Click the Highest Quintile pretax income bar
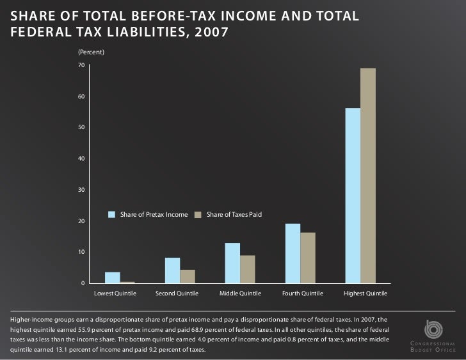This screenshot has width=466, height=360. [x=353, y=196]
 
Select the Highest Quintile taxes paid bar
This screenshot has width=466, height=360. [x=368, y=176]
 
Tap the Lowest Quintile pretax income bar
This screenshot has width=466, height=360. [x=112, y=278]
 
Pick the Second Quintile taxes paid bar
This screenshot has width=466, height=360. [x=188, y=276]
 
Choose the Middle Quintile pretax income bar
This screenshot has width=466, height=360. [x=232, y=263]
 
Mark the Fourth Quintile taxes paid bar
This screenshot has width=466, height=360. [x=308, y=258]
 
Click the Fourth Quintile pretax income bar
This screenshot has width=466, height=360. [x=293, y=253]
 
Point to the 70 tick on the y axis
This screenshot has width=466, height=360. [x=81, y=66]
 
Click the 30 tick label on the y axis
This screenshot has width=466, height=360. [x=81, y=190]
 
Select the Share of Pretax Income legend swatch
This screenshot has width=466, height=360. [x=112, y=214]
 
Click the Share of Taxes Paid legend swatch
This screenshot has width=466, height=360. [x=198, y=214]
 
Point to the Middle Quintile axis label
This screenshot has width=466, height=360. [x=240, y=293]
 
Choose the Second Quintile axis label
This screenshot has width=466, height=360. [x=177, y=293]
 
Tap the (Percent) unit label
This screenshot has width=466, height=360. [x=91, y=51]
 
